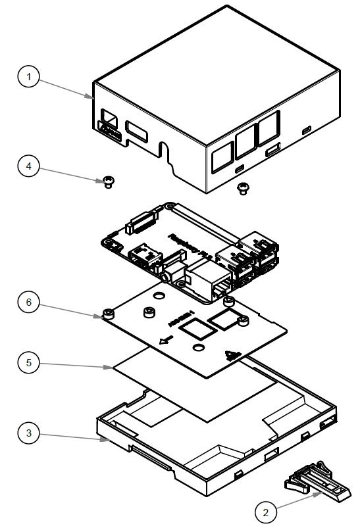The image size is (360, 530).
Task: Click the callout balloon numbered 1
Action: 28,78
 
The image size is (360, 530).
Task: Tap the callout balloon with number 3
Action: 28,433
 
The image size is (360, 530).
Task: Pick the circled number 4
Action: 28,166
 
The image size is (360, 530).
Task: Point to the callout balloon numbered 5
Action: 28,363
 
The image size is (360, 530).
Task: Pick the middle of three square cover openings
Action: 246,139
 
